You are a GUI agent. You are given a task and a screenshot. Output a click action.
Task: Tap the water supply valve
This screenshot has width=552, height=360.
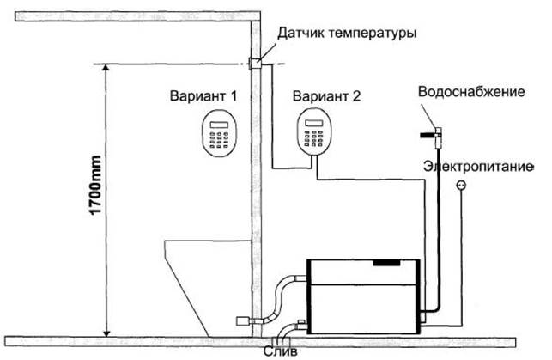pos(434,132)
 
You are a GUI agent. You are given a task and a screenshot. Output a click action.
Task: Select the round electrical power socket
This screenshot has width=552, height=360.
pos(461,184)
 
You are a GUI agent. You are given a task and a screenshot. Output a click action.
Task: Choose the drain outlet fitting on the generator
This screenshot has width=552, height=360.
pos(300,323)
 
